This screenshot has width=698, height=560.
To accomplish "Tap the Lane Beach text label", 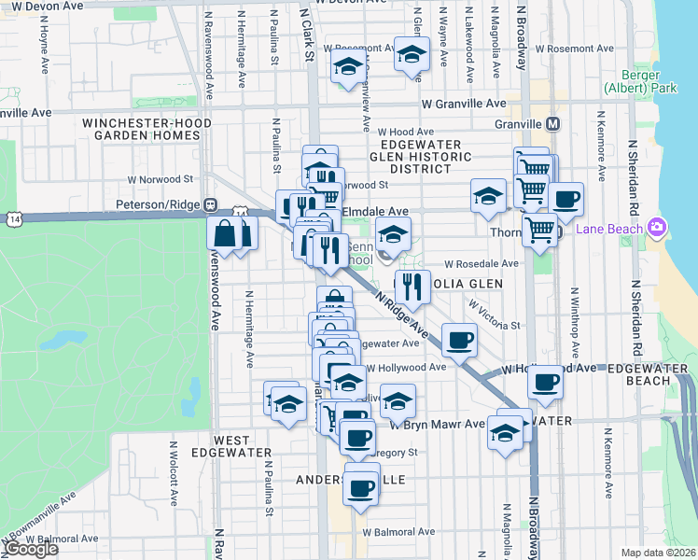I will [609, 230].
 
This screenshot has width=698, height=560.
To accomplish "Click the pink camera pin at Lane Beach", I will [658, 227].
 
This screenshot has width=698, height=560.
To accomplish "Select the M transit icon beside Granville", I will [553, 124].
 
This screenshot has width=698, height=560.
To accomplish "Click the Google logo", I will [31, 549].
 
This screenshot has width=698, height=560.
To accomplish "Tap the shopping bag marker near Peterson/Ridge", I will [226, 232].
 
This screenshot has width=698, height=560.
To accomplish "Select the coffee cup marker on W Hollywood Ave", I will [546, 383].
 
